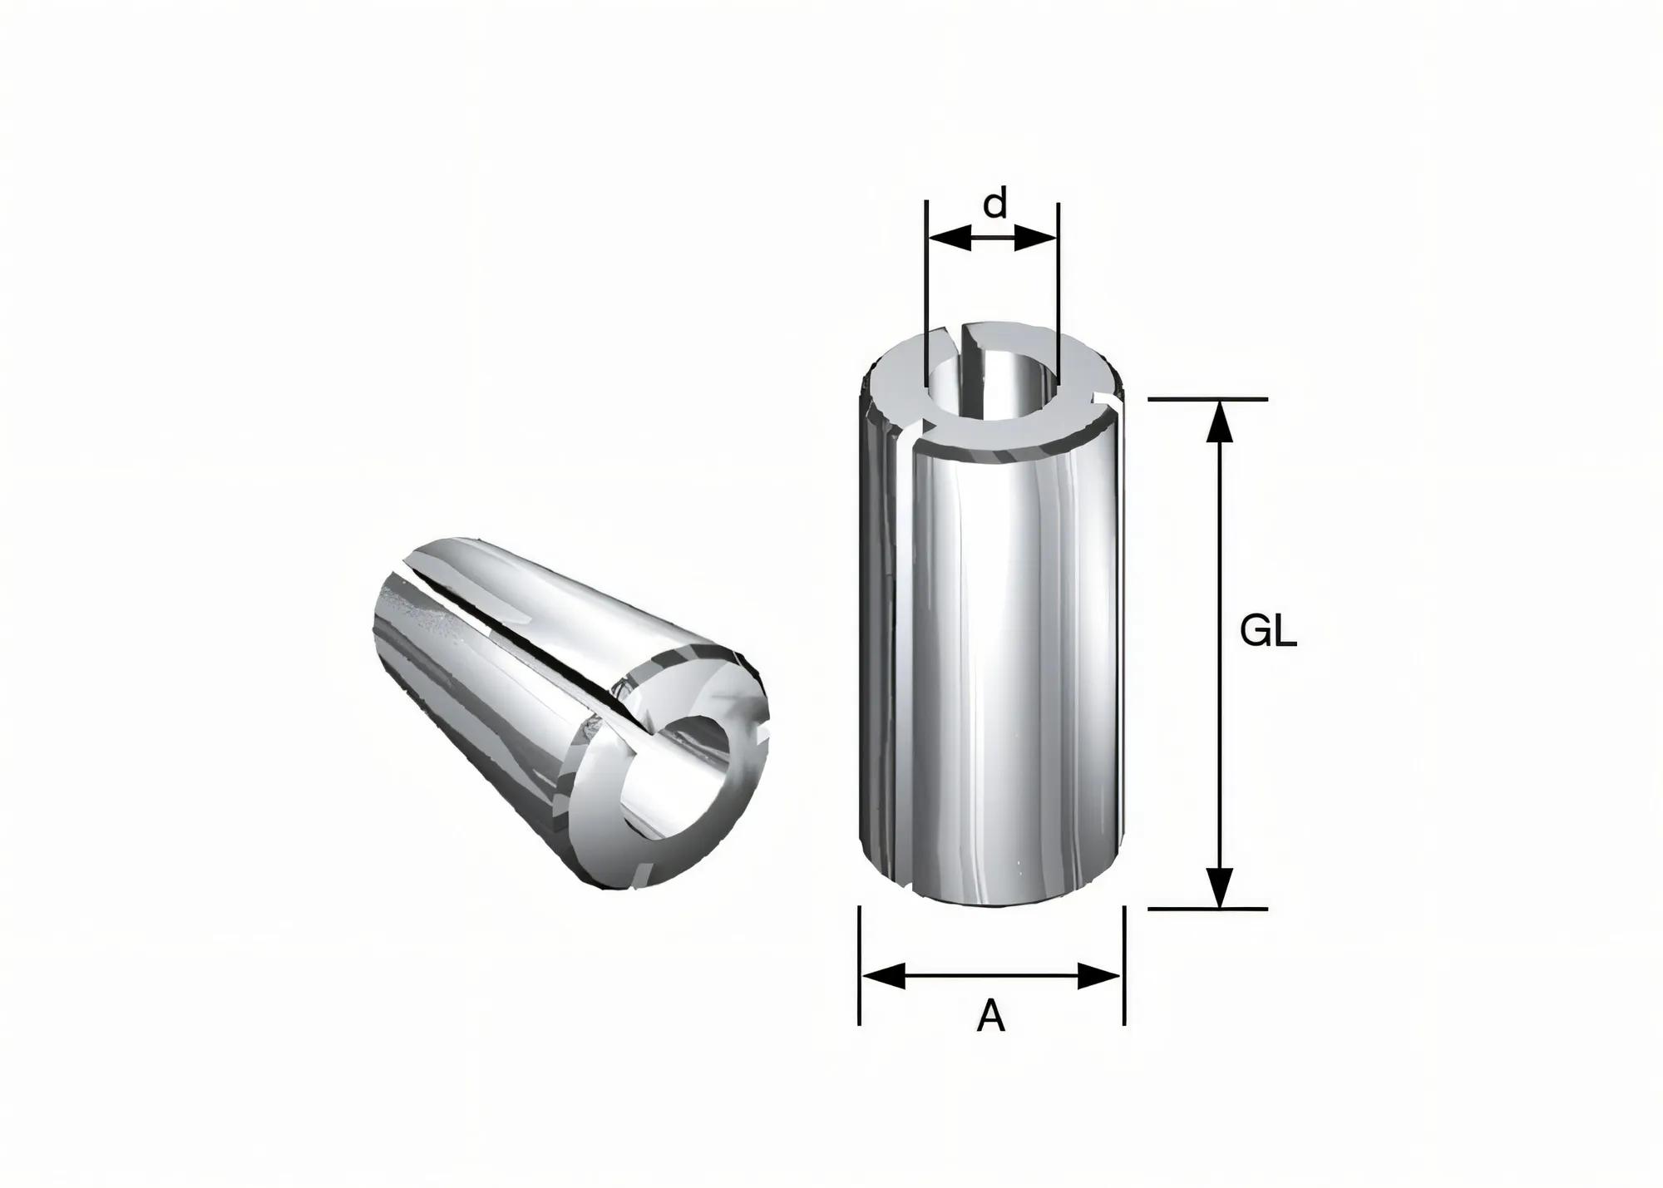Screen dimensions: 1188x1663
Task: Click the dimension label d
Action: tap(994, 203)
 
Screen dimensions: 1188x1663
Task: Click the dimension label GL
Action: tap(1268, 633)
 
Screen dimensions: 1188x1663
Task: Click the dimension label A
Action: tap(990, 1017)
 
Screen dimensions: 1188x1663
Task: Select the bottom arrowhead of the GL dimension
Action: tap(1219, 887)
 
